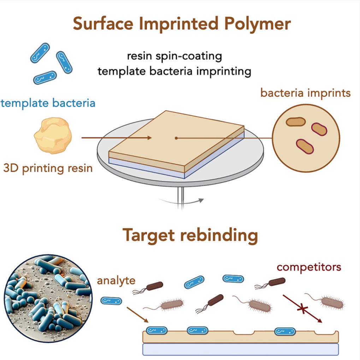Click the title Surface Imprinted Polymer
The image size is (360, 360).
[x=182, y=24]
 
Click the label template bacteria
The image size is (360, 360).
[x=48, y=104]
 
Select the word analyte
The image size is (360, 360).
[x=116, y=281]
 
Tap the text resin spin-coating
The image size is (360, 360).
[x=175, y=56]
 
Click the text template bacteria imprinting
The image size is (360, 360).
[x=175, y=71]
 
